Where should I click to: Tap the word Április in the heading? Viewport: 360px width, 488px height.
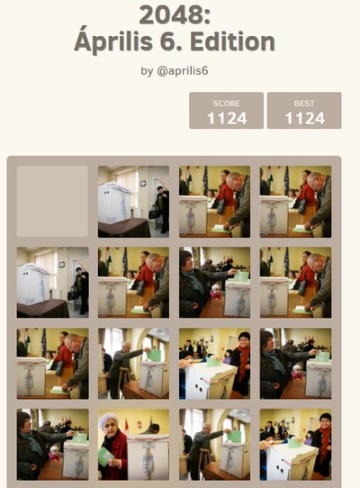[x=113, y=41]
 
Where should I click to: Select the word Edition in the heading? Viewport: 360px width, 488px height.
[x=232, y=41]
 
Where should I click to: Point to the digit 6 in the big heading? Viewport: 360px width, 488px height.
[x=169, y=41]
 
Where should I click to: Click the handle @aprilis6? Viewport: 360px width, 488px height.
[x=183, y=71]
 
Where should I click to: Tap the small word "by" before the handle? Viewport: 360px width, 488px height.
[x=147, y=72]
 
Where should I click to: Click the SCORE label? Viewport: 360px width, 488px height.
[x=226, y=104]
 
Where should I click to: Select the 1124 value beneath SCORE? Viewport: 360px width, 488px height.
[x=227, y=119]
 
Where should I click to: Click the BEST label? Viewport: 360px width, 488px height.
[x=304, y=104]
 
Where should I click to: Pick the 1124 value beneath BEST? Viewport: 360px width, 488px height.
[x=304, y=119]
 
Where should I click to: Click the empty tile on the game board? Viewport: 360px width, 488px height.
[x=52, y=202]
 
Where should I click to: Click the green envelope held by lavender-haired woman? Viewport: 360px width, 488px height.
[x=105, y=456]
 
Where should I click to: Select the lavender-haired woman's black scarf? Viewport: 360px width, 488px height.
[x=112, y=438]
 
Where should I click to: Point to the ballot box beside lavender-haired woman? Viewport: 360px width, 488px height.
[x=148, y=456]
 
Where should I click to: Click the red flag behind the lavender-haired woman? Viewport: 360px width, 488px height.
[x=127, y=426]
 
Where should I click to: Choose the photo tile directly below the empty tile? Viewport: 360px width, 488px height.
[x=52, y=283]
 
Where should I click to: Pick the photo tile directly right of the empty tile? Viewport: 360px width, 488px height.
[x=133, y=202]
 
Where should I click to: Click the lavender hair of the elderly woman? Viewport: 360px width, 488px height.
[x=106, y=419]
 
